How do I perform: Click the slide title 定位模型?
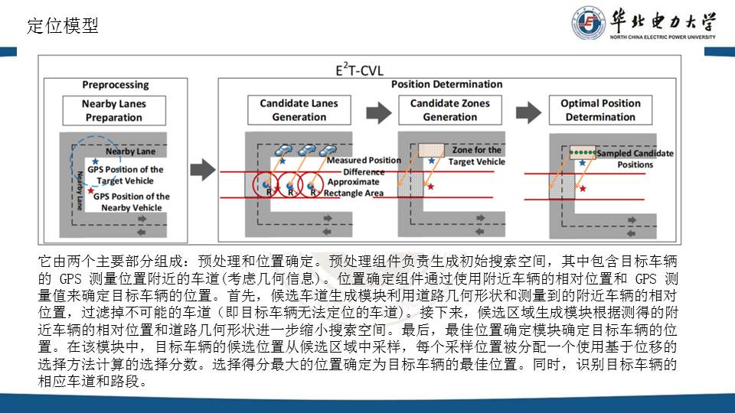pos(63,26)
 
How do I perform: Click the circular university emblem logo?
pos(588,24)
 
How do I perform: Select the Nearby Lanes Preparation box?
pos(114,110)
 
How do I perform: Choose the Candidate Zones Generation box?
pos(449,110)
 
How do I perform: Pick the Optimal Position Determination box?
pos(600,110)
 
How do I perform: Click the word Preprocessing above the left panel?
pos(116,84)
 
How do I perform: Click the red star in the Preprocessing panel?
pos(91,191)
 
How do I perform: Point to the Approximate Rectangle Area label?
pos(353,187)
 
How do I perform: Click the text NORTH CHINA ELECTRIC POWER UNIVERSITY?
pos(662,37)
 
